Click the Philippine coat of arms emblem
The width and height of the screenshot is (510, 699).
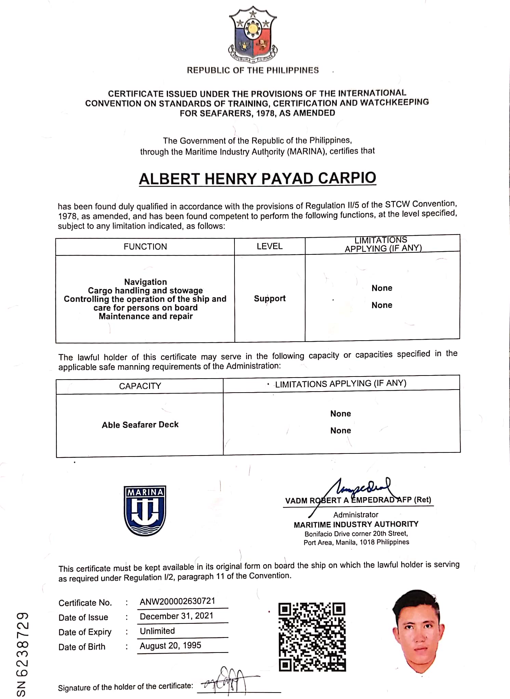point(253,34)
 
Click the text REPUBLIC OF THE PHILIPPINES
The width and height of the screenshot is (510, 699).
point(253,70)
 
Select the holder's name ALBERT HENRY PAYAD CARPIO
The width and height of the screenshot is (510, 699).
point(257,179)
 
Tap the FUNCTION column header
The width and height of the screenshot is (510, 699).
point(145,247)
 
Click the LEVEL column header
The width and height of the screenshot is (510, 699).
point(270,246)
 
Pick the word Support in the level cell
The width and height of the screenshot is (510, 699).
point(270,299)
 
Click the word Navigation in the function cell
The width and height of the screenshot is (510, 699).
point(146,282)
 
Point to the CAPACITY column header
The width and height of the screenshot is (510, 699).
point(140,386)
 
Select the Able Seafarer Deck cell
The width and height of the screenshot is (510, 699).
point(140,425)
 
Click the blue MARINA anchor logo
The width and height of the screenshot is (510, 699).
point(145,511)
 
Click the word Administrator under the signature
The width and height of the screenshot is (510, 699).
point(356,515)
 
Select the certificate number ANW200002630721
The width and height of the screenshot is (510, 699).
point(177,601)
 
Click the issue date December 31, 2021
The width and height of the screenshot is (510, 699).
point(176,616)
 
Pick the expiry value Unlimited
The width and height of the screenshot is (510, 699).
point(157,631)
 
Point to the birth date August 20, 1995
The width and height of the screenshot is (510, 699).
point(170,646)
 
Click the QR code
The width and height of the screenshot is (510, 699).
point(312,637)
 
